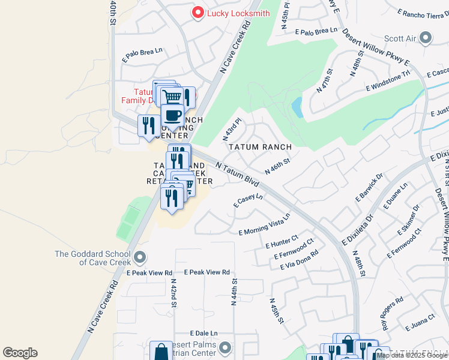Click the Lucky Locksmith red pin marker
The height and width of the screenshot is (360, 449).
click(x=196, y=13)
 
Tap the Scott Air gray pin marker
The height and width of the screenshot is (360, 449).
click(x=426, y=38)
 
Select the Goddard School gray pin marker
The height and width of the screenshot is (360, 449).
click(x=140, y=258)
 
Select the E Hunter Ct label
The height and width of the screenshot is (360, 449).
click(x=282, y=242)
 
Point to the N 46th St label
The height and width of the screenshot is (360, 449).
click(x=279, y=163)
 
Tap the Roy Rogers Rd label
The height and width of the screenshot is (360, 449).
click(x=393, y=313)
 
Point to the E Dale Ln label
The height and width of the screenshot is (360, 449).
click(x=203, y=333)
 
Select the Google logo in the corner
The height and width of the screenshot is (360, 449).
click(x=20, y=353)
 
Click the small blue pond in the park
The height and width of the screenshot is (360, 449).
click(x=297, y=108)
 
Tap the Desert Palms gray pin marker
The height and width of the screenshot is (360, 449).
click(x=225, y=347)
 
